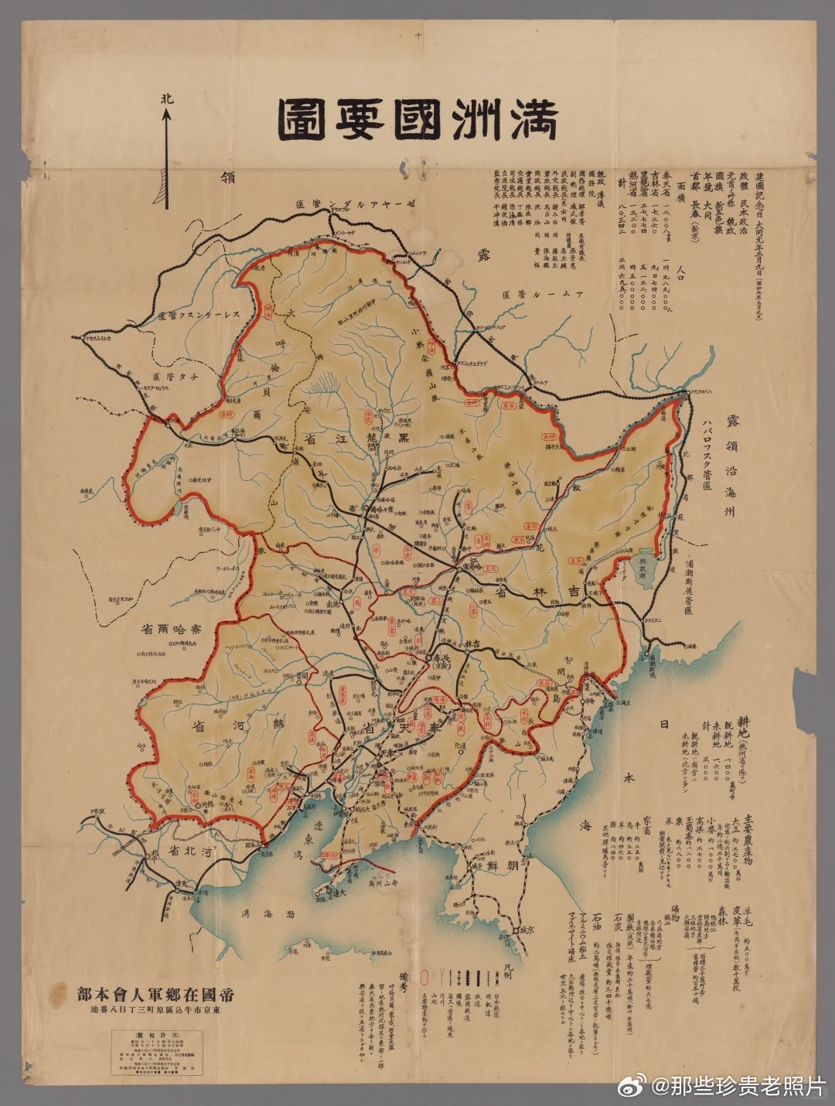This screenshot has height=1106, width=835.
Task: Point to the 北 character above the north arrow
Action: (x=166, y=100)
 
